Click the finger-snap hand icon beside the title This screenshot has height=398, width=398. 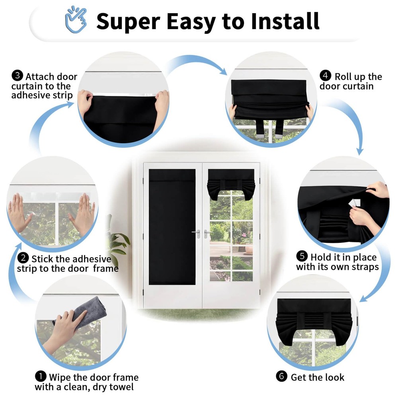pyautogui.click(x=76, y=19)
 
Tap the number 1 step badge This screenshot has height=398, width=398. pyautogui.click(x=41, y=377)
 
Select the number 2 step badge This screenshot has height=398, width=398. pyautogui.click(x=23, y=258)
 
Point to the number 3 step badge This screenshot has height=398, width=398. pyautogui.click(x=17, y=76)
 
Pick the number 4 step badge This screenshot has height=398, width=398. pyautogui.click(x=325, y=76)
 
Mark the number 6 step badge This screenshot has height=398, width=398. pyautogui.click(x=281, y=376)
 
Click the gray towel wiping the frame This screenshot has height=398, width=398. pyautogui.click(x=84, y=312)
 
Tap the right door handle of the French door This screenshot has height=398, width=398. pyautogui.click(x=207, y=234)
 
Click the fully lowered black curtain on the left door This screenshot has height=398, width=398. pyautogui.click(x=172, y=227)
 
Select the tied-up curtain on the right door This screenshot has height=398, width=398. pyautogui.click(x=231, y=183)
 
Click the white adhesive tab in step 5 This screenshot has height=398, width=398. pyautogui.click(x=355, y=203)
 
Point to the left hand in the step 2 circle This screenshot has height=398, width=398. pyautogui.click(x=19, y=213)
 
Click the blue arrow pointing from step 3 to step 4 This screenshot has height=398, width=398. pyautogui.click(x=197, y=62)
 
